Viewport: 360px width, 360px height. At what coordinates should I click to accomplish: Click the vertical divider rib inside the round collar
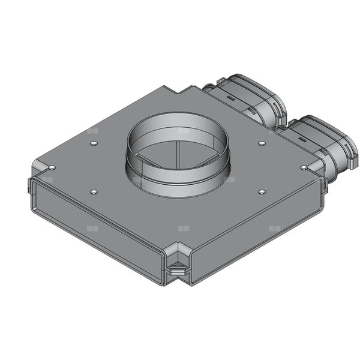coord(179,155)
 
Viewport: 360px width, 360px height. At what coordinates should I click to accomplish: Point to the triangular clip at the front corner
coord(177,269)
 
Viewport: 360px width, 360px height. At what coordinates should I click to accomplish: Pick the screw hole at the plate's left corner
coord(52,167)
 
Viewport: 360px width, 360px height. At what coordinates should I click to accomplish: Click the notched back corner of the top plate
coord(186,90)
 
